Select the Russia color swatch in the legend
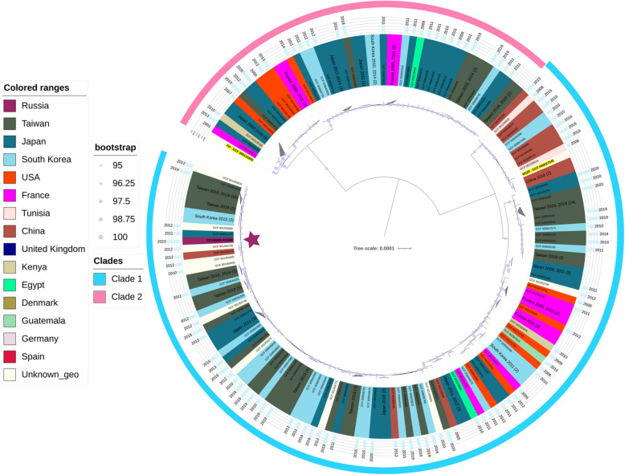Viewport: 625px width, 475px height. coord(11,105)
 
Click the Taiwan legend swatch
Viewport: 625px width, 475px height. coord(11,122)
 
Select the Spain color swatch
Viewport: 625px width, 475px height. coord(11,356)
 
